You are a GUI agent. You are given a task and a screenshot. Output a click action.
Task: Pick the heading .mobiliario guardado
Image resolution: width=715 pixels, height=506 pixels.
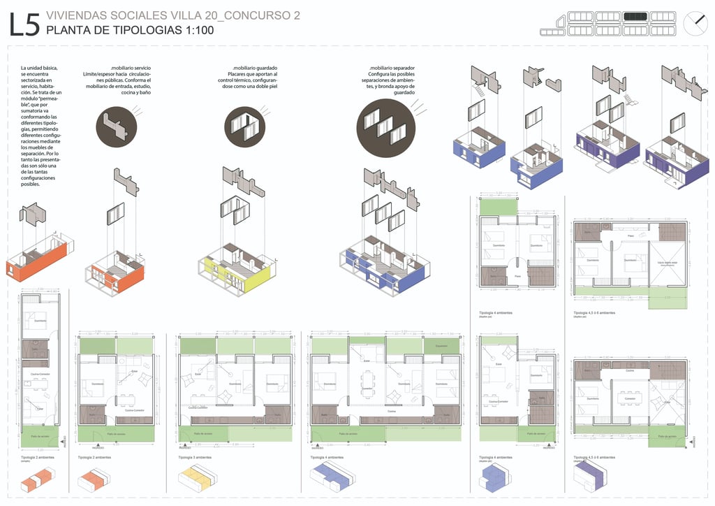tap(253, 67)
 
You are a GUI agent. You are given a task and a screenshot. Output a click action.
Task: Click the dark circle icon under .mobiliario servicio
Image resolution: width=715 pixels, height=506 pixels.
tap(115, 126)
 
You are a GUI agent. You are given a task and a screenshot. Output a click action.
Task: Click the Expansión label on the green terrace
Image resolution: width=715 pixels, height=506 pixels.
tap(441, 346)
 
